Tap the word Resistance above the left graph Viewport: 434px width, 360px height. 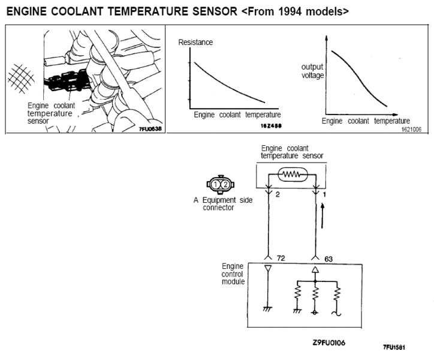(195, 43)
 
